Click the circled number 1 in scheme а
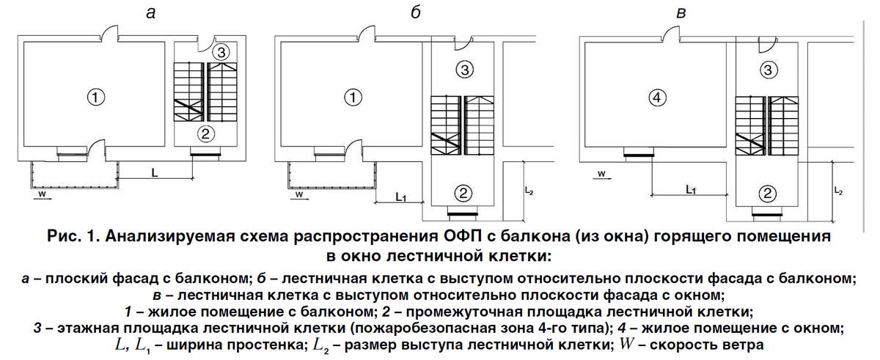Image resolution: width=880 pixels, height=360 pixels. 95,96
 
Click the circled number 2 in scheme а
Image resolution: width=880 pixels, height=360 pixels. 206,133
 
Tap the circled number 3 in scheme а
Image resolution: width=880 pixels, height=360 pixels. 223,52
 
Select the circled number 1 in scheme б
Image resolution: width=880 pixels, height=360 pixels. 353,96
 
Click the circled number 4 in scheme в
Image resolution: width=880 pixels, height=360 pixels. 657,96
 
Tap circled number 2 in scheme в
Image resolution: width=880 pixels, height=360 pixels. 767,193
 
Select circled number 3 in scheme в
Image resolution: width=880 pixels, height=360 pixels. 767,70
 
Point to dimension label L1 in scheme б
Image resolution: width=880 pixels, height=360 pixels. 400,196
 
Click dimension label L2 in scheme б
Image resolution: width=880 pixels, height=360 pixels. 529,191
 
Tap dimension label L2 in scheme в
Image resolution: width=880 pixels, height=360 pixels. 838,190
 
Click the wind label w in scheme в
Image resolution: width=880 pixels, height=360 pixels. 601,175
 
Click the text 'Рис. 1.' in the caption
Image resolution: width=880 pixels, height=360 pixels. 73,237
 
